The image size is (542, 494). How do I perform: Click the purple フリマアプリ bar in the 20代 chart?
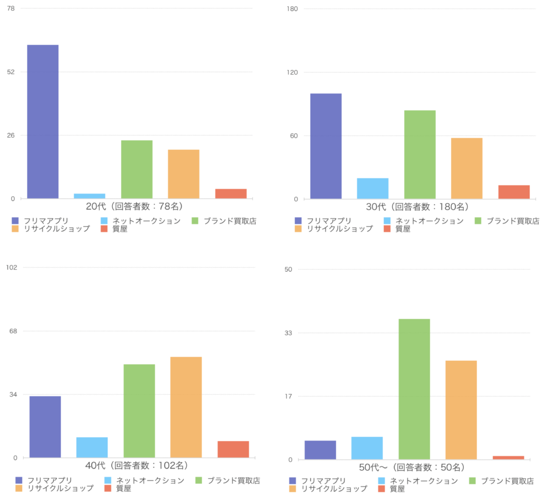tap(43, 122)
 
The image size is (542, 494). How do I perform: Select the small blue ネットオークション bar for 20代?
tap(89, 196)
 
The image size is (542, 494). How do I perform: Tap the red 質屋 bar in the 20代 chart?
tap(231, 194)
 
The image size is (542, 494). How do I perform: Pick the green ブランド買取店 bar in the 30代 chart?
tap(420, 154)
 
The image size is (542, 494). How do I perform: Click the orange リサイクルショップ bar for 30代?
tap(467, 168)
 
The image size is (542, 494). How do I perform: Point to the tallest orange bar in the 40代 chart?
tap(186, 407)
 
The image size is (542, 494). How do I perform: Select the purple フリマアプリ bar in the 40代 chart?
tap(45, 426)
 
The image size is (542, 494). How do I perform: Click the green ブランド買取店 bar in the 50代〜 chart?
tap(414, 389)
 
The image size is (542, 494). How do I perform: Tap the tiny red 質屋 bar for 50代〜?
tap(508, 458)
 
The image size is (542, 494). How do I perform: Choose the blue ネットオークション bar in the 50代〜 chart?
tap(367, 448)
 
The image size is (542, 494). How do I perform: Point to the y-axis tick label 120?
tap(292, 72)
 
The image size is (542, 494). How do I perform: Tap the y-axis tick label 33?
tap(288, 333)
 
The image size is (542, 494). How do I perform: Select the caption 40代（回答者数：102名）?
tap(137, 466)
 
